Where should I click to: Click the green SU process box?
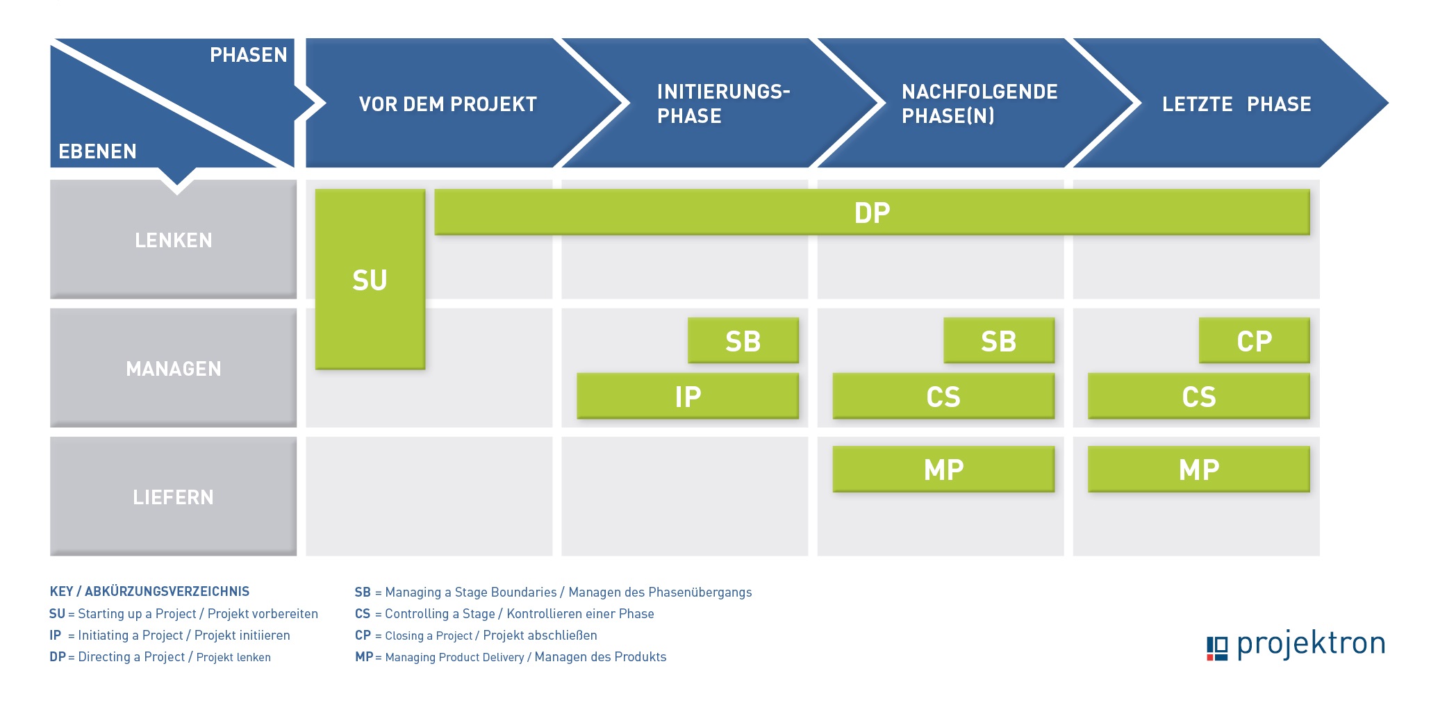pyautogui.click(x=370, y=279)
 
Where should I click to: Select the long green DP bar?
pyautogui.click(x=872, y=212)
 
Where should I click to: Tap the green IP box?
pyautogui.click(x=688, y=396)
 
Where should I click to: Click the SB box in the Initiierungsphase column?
pyautogui.click(x=743, y=340)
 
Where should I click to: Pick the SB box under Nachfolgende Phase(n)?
pyautogui.click(x=999, y=340)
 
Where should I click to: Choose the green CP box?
pyautogui.click(x=1255, y=340)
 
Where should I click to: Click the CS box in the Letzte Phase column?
pyautogui.click(x=1199, y=396)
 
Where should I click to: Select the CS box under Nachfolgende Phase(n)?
pyautogui.click(x=943, y=396)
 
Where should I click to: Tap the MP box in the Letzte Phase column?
pyautogui.click(x=1199, y=469)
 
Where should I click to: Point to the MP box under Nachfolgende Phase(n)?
pyautogui.click(x=943, y=469)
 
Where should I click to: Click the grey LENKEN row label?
pyautogui.click(x=174, y=240)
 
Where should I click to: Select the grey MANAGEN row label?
pyautogui.click(x=174, y=368)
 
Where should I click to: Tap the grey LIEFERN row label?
pyautogui.click(x=174, y=497)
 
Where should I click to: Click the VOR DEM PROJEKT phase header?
pyautogui.click(x=448, y=104)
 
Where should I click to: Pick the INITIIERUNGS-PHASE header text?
pyautogui.click(x=723, y=103)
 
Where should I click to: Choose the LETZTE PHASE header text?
pyautogui.click(x=1237, y=104)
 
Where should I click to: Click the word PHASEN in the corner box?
pyautogui.click(x=248, y=55)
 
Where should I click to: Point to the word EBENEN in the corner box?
pyautogui.click(x=97, y=151)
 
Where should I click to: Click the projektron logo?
pyautogui.click(x=1296, y=645)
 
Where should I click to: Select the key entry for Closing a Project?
pyautogui.click(x=476, y=636)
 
